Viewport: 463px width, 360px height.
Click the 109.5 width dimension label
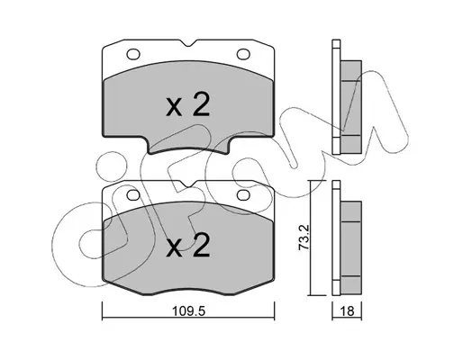point(188,311)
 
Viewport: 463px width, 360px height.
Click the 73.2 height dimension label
point(304,238)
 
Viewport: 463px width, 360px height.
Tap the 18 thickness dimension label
point(347,311)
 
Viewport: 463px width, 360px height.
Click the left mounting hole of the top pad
point(133,54)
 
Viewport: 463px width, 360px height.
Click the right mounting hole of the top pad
point(243,54)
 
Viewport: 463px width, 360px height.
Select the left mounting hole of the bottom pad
point(133,195)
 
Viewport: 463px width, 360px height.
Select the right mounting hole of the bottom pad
point(243,195)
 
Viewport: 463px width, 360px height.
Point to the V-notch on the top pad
point(188,43)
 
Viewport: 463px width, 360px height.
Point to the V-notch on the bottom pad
point(188,184)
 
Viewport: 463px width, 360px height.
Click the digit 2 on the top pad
point(201,104)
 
